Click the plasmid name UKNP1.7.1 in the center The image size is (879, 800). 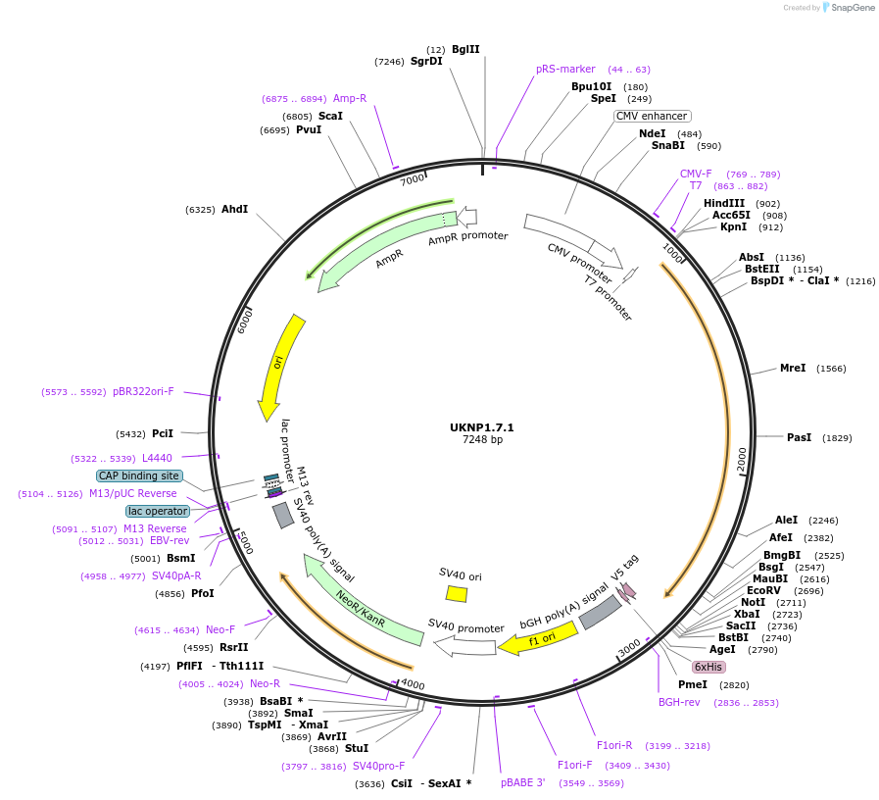[x=482, y=427]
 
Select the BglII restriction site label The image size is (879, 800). [x=465, y=49]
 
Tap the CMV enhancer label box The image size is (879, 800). [x=652, y=116]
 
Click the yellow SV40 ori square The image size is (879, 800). [x=457, y=593]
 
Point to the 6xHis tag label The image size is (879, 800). [x=709, y=667]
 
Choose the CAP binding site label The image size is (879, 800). [x=138, y=475]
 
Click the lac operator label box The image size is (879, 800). [x=157, y=511]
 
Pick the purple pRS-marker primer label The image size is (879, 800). [x=565, y=69]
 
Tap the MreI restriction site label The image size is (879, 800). [x=793, y=368]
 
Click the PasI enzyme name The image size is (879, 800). [x=800, y=437]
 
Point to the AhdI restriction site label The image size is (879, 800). [x=234, y=209]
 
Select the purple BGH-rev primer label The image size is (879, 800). [x=679, y=702]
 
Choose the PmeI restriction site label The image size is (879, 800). [x=693, y=684]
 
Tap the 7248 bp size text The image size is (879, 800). [x=482, y=440]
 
